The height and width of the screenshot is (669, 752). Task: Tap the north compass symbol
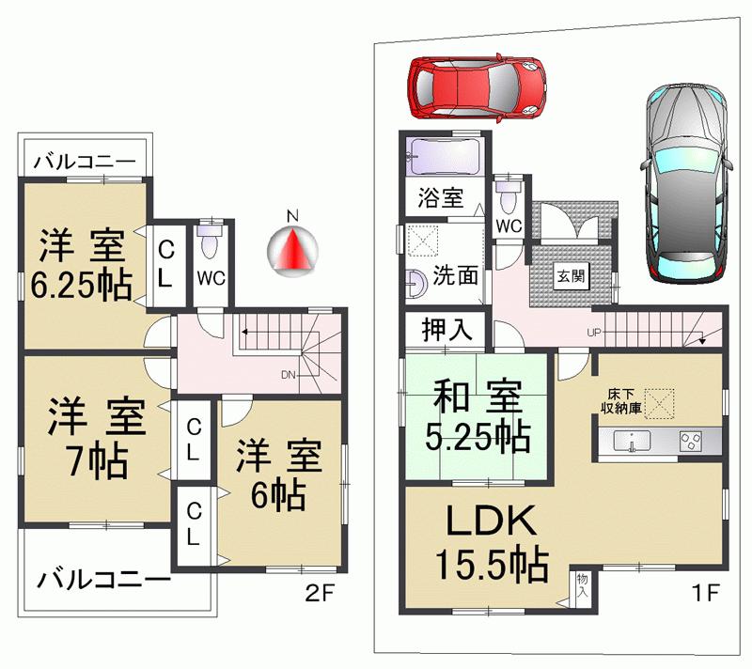292,247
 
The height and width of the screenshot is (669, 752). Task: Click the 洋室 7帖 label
94,438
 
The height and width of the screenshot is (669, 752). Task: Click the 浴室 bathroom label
440,198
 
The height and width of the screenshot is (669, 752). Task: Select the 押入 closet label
446,331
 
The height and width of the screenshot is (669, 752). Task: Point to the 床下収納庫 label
622,401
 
